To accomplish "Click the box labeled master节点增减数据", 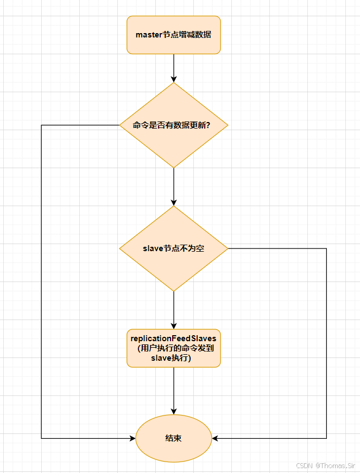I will coord(174,35).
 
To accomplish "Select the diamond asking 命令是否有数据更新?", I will coord(174,125).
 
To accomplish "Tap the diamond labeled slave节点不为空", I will coord(174,248).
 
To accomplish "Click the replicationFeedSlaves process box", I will coord(174,348).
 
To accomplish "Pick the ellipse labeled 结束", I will coord(174,438).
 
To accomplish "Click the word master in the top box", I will coord(149,35).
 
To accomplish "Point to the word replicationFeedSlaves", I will coord(174,338).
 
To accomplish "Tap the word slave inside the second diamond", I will coord(153,248).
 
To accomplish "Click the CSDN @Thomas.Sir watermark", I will coord(325,465).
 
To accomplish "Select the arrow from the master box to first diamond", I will coord(174,68).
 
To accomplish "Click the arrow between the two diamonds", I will coord(174,187).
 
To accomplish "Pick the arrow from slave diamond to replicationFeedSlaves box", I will coord(174,310).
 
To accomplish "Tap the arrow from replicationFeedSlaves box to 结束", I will coord(174,391).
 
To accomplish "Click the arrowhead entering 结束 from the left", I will coord(132,438).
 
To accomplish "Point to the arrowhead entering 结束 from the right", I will coord(216,438).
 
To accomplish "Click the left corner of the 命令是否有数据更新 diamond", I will coord(120,125).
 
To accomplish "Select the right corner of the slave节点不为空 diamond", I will coord(228,248).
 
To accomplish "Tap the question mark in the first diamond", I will coord(209,125).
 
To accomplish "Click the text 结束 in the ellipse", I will coord(174,438).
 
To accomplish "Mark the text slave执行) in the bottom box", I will coord(174,359).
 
